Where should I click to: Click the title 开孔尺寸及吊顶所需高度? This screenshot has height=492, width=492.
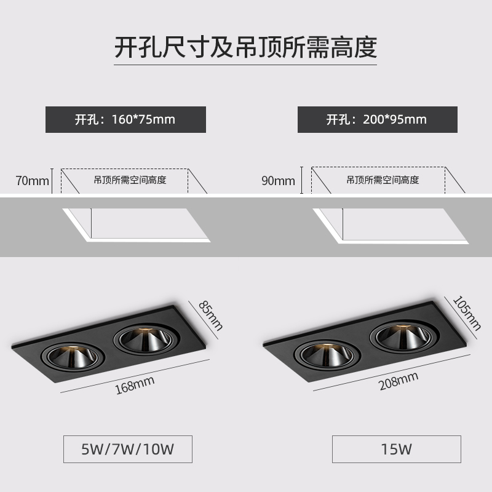pos(245,47)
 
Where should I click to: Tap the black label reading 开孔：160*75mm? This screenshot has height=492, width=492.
pos(125,119)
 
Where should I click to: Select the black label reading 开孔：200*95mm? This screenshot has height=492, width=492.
pos(377,119)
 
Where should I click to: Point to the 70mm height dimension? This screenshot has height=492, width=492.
pos(32,181)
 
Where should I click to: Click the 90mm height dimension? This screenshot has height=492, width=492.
pos(279,181)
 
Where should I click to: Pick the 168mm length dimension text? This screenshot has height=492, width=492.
pos(134,386)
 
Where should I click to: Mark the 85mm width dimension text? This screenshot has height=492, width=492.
pos(210,315)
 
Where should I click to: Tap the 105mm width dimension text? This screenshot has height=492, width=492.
pos(466,312)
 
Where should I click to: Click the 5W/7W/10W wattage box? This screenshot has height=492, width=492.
pos(128,450)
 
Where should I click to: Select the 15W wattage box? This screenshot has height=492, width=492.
pos(396,450)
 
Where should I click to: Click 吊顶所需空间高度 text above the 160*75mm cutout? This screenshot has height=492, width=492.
pos(130,180)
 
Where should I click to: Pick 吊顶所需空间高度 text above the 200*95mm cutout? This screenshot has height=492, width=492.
pos(383,180)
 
